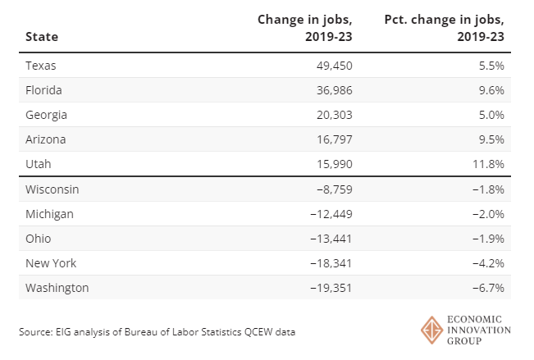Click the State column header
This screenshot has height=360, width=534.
pos(41,36)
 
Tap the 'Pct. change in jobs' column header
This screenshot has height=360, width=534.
pos(446,27)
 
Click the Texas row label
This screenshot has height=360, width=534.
pos(41,66)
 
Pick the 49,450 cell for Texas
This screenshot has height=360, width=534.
pos(333,66)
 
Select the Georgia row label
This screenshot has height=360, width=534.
pos(46,115)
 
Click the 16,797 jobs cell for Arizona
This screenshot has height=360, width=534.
pos(333,139)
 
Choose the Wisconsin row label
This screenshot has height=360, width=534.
pos(52,189)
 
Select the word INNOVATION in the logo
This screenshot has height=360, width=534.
pos(480,330)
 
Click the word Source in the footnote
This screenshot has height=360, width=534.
pos(35,332)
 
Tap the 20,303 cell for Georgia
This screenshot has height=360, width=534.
pos(333,115)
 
